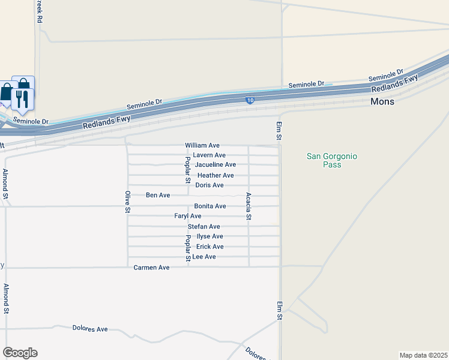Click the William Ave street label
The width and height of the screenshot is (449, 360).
(x=202, y=145)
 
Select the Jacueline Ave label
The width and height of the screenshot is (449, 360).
(x=215, y=164)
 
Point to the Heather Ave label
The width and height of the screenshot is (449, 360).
(x=215, y=175)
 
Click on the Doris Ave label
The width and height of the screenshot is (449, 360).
(x=209, y=185)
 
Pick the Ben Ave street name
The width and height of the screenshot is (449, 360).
(x=158, y=195)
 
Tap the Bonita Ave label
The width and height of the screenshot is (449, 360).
(x=209, y=206)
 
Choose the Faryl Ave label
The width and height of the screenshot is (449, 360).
(x=187, y=215)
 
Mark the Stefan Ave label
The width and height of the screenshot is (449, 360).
(x=203, y=226)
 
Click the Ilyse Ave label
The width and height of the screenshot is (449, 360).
(x=206, y=236)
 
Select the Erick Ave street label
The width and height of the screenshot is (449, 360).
(x=209, y=247)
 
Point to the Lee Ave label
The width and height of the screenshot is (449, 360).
(x=203, y=257)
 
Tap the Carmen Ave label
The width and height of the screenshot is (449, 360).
(x=151, y=267)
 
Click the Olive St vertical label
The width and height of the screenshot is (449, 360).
(x=127, y=202)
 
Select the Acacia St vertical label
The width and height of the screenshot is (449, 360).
(x=248, y=206)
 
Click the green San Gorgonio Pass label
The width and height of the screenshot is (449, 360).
(x=332, y=160)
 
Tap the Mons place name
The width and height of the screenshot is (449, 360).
(x=382, y=102)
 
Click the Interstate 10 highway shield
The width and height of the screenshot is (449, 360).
(x=249, y=100)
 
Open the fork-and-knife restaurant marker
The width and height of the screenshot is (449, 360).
(x=23, y=98)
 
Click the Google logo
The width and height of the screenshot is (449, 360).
(x=20, y=353)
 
